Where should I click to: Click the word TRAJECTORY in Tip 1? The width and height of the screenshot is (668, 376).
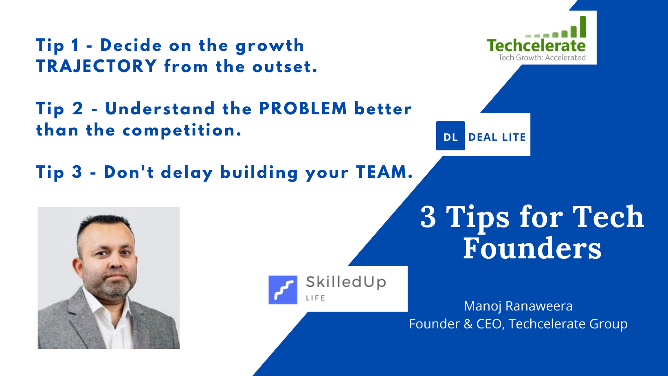click(x=96, y=66)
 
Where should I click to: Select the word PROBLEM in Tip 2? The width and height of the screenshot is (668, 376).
click(x=303, y=109)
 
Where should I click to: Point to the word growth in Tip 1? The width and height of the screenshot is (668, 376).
click(x=270, y=46)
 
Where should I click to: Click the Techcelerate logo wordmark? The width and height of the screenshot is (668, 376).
click(x=536, y=46)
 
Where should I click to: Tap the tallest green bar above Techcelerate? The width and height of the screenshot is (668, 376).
click(x=583, y=27)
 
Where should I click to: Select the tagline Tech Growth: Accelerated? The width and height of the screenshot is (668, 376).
click(x=542, y=57)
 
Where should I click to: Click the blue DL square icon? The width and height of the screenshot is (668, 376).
click(x=450, y=136)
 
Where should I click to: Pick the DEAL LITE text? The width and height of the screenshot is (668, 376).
click(x=497, y=137)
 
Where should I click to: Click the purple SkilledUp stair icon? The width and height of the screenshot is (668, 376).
click(x=283, y=290)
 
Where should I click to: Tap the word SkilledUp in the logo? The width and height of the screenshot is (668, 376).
click(x=346, y=282)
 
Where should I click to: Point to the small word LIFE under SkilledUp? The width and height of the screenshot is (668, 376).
click(x=316, y=298)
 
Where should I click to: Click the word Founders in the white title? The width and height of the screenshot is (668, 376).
click(x=532, y=248)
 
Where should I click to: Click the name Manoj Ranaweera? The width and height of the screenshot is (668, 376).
click(x=518, y=306)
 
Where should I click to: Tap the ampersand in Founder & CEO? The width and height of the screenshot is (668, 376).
click(x=468, y=324)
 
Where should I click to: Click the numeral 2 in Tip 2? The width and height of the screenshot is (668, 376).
click(x=77, y=109)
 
